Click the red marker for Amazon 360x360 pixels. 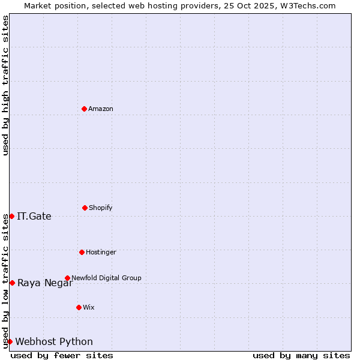84,109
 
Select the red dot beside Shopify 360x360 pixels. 85,208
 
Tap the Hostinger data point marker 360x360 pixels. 82,252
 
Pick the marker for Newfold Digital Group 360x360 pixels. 67,278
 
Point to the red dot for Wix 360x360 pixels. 79,307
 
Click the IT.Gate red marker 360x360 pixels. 11,216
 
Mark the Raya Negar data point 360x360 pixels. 12,283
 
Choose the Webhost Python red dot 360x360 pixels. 10,341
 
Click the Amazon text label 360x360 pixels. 101,109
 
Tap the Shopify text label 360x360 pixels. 101,208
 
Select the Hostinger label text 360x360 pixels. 101,252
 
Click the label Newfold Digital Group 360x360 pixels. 106,278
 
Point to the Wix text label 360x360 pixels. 89,307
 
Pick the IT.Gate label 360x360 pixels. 34,216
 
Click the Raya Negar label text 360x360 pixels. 45,283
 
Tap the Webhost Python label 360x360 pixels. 54,341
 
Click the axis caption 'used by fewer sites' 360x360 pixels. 62,355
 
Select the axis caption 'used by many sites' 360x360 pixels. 301,355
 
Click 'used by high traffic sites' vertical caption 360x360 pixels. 5,86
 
